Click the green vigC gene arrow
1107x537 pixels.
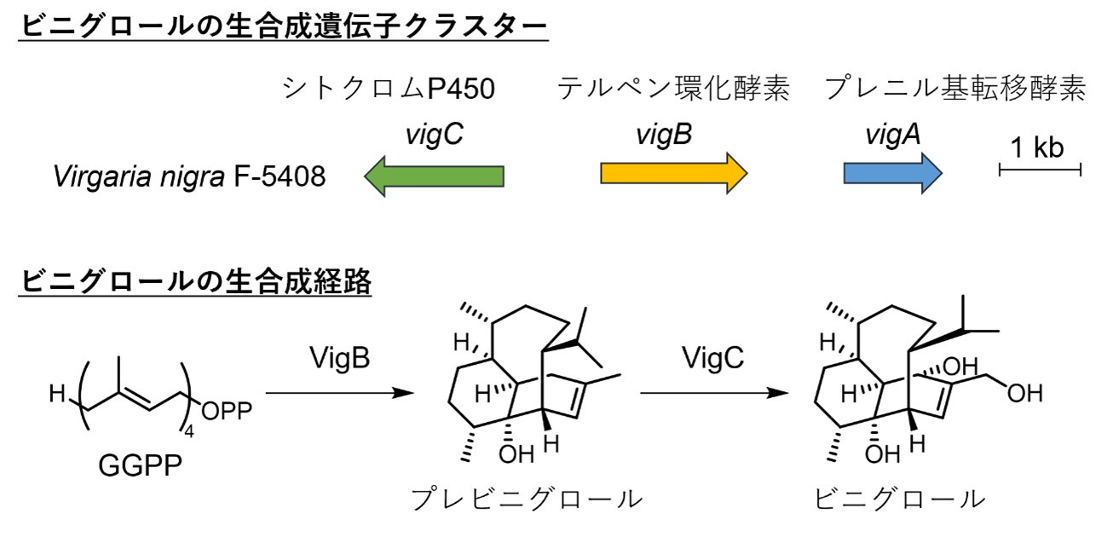point(434,176)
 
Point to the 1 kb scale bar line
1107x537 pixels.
point(1040,172)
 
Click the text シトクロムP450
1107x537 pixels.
point(388,89)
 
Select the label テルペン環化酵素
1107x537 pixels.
point(673,89)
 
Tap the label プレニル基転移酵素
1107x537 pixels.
point(954,89)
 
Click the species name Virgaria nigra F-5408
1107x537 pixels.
point(188,176)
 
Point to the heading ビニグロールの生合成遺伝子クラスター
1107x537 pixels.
point(281,26)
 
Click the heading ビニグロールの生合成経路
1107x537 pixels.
point(194,280)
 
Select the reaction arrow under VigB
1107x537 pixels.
point(339,394)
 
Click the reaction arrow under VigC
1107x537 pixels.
point(712,394)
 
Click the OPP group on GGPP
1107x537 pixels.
point(226,413)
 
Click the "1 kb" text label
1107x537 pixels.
point(1038,147)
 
